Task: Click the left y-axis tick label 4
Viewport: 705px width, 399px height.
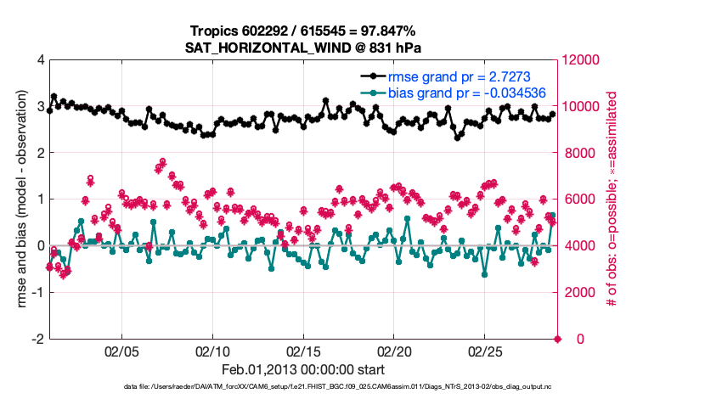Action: click(x=40, y=60)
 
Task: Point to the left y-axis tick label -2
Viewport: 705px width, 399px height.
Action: click(x=37, y=339)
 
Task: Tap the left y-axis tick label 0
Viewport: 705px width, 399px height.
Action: click(x=40, y=246)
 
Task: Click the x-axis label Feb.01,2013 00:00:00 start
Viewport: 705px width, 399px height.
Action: click(x=303, y=370)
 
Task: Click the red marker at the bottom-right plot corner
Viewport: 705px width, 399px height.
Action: click(x=558, y=339)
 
